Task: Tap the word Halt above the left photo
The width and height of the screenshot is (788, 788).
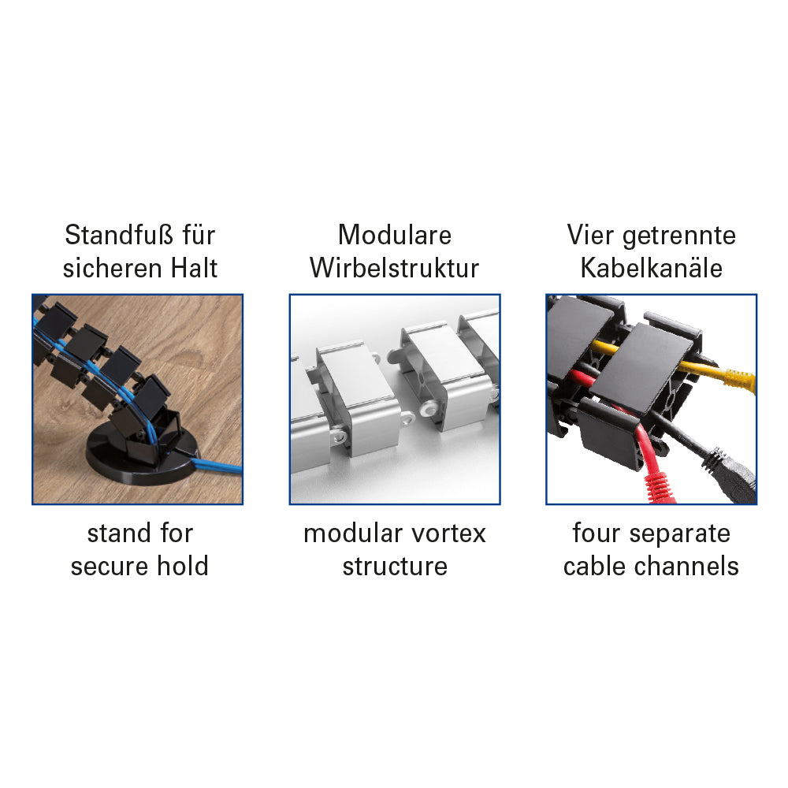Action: [194, 268]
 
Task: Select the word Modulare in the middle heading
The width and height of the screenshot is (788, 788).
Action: [395, 235]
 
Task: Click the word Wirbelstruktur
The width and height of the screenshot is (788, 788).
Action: [395, 268]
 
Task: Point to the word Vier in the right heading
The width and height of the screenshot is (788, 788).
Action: [590, 235]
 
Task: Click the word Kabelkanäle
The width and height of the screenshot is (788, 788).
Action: [652, 268]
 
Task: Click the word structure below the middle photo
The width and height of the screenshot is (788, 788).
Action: [395, 567]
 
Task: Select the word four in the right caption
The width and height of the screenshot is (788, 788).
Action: [596, 533]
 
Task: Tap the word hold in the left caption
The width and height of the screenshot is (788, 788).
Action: [183, 566]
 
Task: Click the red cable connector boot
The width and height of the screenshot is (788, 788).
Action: [658, 485]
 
